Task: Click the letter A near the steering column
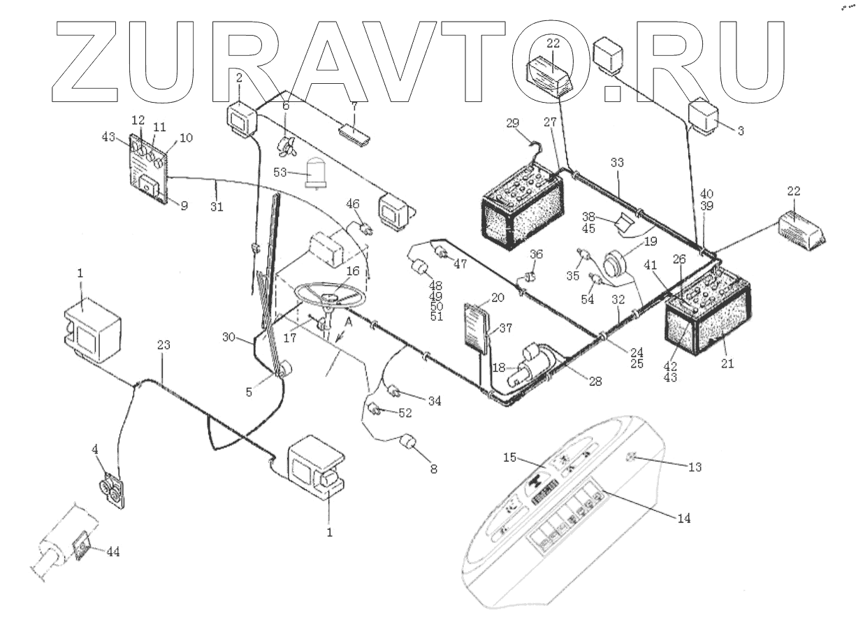[x=347, y=321]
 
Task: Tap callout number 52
[x=406, y=414]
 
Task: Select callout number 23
[x=162, y=346]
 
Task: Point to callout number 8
[x=434, y=470]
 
